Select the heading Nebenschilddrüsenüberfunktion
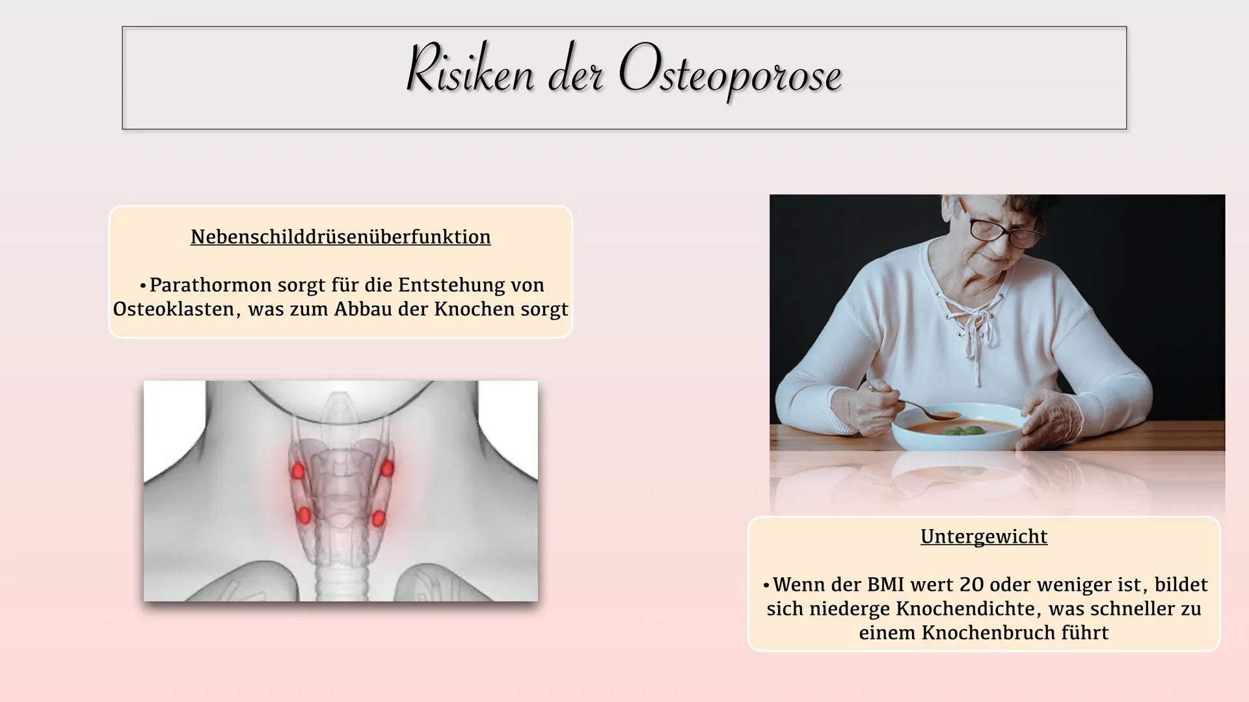tap(340, 237)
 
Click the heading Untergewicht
tap(984, 537)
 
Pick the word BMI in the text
tap(885, 585)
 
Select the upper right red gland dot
tap(387, 469)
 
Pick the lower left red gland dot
tap(303, 516)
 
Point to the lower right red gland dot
tap(378, 519)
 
